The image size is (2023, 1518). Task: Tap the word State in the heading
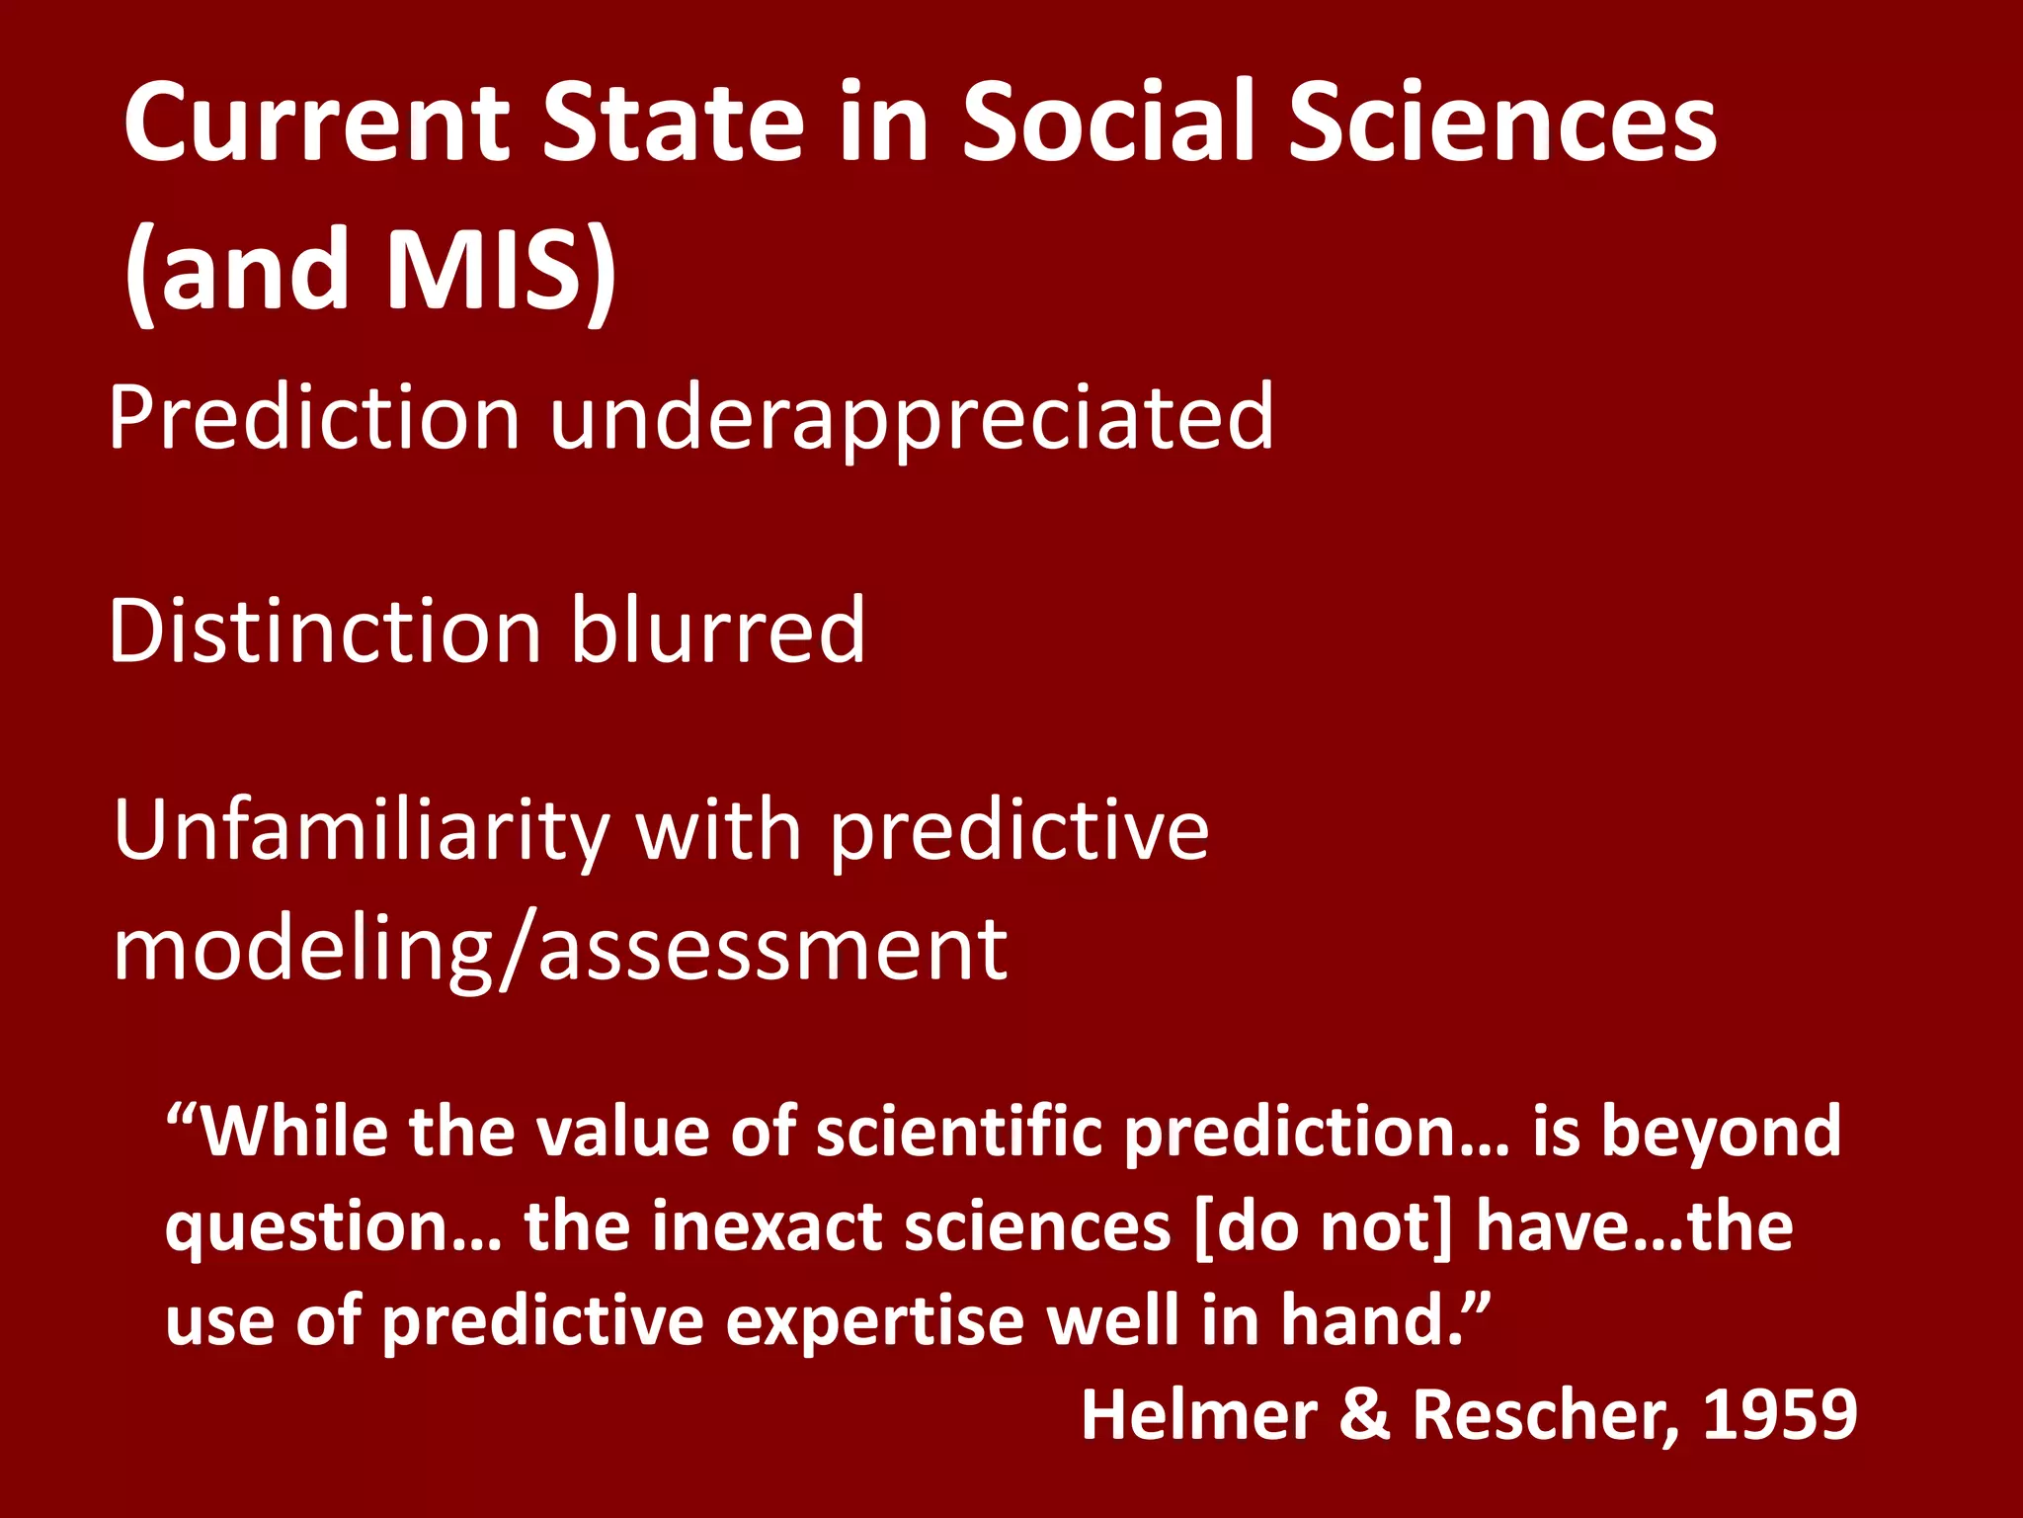pyautogui.click(x=674, y=124)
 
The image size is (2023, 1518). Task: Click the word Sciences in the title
pyautogui.click(x=1501, y=124)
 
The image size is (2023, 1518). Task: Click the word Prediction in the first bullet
pyautogui.click(x=314, y=418)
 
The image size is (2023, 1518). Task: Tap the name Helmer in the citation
pyautogui.click(x=1199, y=1414)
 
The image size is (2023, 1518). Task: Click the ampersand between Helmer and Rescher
pyautogui.click(x=1365, y=1414)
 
